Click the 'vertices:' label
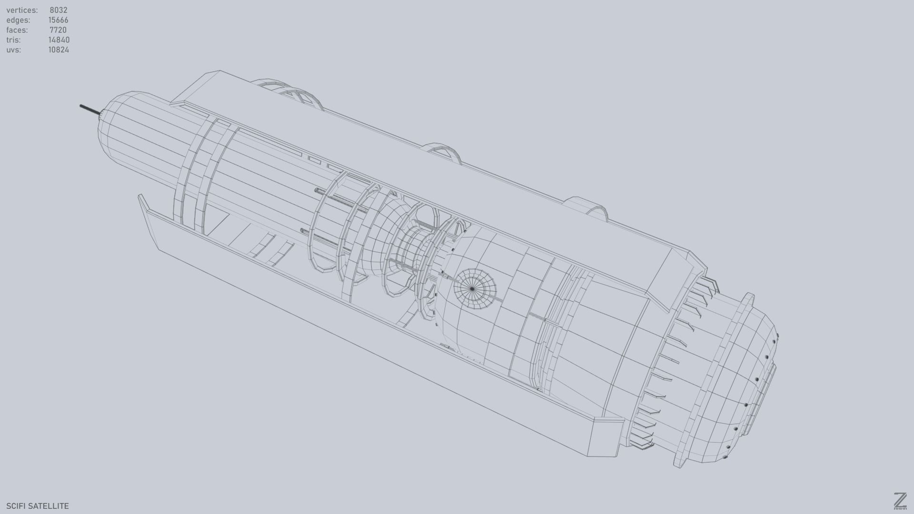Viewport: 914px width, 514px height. point(22,10)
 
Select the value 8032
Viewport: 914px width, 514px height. point(59,10)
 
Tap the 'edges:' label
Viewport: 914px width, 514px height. point(18,20)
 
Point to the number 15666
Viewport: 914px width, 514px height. point(59,20)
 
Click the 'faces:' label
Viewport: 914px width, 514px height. point(17,30)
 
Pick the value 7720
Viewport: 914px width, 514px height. point(58,30)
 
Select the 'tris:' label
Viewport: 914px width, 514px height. point(13,40)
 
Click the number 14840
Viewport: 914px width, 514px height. point(59,40)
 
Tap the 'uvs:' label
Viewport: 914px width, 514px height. point(14,50)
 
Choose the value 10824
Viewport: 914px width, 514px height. point(59,50)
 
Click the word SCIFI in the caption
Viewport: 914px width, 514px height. point(16,506)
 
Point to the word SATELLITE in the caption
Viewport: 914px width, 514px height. point(49,506)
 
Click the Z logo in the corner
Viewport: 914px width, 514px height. point(900,501)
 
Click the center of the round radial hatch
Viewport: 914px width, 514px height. point(472,289)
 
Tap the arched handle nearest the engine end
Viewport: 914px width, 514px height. point(586,208)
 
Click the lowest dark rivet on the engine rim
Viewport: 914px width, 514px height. point(725,457)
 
